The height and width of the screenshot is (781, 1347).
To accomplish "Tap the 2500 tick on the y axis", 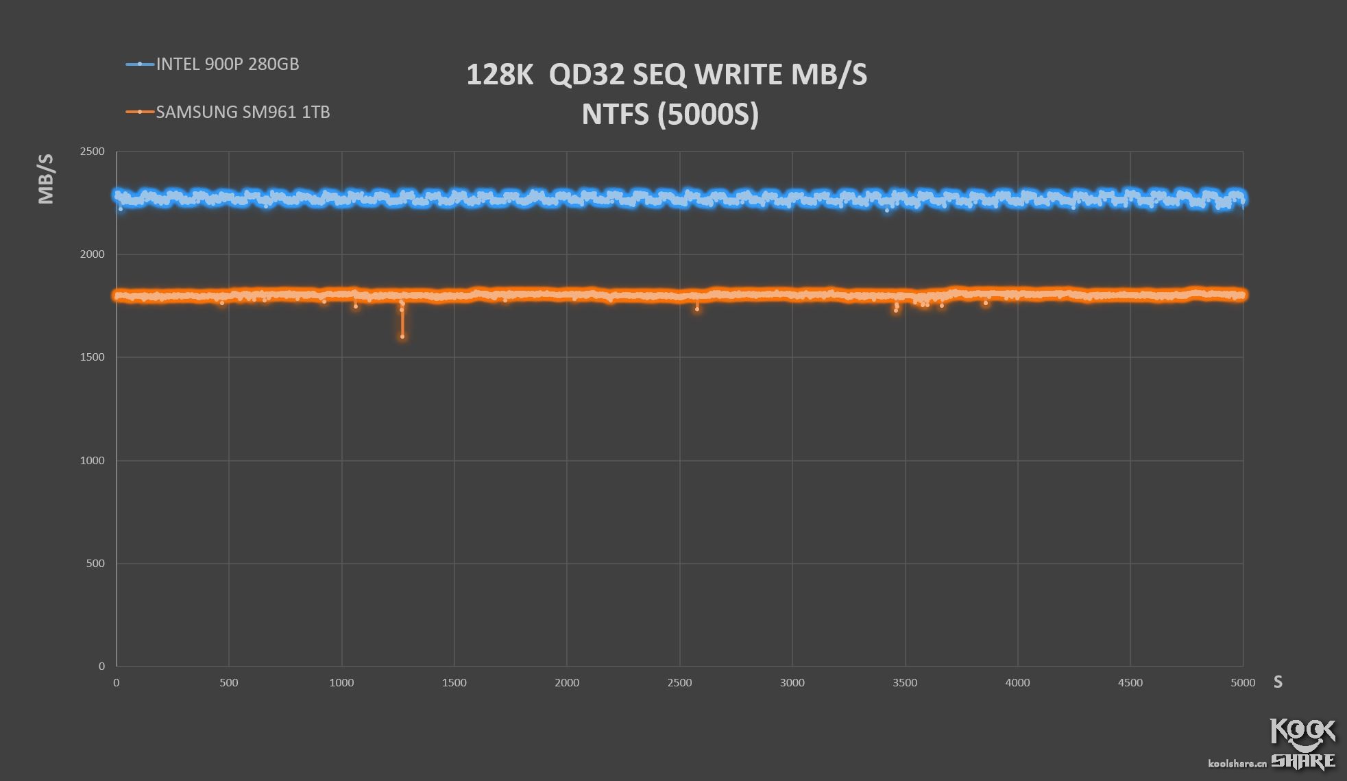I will pos(93,152).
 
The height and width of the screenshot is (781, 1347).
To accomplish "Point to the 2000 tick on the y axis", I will pos(93,254).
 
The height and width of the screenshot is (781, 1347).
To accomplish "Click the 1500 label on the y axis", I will pos(93,357).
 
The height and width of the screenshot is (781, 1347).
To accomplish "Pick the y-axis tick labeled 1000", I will pos(93,461).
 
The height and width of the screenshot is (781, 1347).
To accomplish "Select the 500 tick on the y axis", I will pos(95,564).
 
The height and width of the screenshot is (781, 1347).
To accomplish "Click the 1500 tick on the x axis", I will pos(454,683).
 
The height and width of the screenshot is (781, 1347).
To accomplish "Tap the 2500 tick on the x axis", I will pos(679,683).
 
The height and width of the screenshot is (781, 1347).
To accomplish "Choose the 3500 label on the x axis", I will pos(905,683).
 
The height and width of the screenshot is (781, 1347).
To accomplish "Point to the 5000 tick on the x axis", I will pos(1243,683).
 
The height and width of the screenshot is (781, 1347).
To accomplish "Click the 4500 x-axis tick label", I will pos(1130,683).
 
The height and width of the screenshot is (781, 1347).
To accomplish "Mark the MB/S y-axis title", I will pos(46,179).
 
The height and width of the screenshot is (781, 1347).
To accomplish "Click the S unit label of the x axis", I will pos(1278,682).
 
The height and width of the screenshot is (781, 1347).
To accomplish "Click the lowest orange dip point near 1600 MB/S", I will pos(402,337).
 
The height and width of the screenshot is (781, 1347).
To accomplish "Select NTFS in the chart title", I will pos(615,115).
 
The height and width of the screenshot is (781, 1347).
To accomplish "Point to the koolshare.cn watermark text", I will pos(1237,763).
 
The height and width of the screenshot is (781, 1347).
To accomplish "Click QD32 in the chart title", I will pos(586,75).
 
